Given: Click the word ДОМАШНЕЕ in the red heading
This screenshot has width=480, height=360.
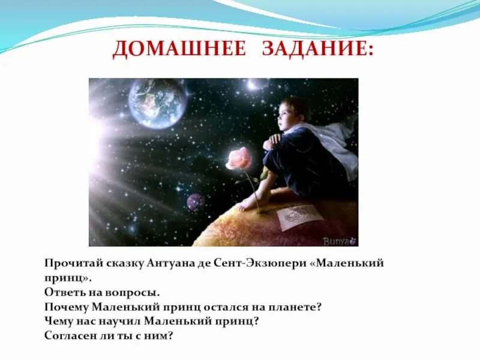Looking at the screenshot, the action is pos(179,49).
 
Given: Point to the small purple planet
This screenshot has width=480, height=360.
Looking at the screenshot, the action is pos(196,202).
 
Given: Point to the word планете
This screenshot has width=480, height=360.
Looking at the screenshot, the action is pos(295,307).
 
